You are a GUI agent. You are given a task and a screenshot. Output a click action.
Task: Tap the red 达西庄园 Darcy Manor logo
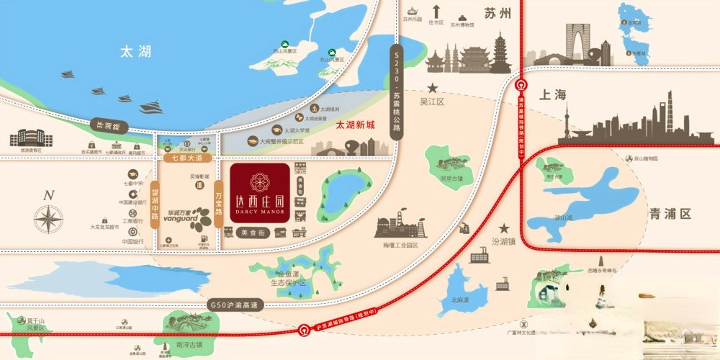point(260,192)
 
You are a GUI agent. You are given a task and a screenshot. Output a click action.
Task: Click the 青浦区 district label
point(670,214)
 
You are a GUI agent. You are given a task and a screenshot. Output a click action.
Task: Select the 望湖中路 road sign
point(155,204)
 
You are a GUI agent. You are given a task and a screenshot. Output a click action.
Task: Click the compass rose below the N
point(49,219)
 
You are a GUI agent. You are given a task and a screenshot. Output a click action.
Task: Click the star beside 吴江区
point(423,89)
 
